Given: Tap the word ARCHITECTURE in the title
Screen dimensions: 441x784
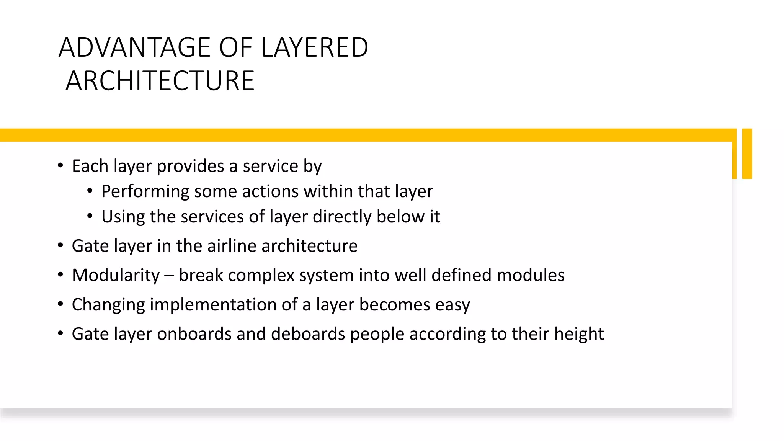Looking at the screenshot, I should (x=160, y=81).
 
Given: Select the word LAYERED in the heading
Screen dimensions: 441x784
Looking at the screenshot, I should (x=315, y=47).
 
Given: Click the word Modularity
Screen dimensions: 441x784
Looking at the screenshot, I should (x=116, y=275).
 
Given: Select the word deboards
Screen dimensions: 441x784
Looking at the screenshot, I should (x=308, y=334).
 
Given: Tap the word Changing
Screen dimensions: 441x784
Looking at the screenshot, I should (x=108, y=305).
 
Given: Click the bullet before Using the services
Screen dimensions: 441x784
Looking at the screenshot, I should (x=90, y=216).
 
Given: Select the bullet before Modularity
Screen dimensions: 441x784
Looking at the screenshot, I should (x=60, y=275).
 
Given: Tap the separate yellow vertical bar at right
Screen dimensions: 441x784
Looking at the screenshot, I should (x=747, y=154).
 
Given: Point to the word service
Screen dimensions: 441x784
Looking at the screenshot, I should (x=270, y=166).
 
